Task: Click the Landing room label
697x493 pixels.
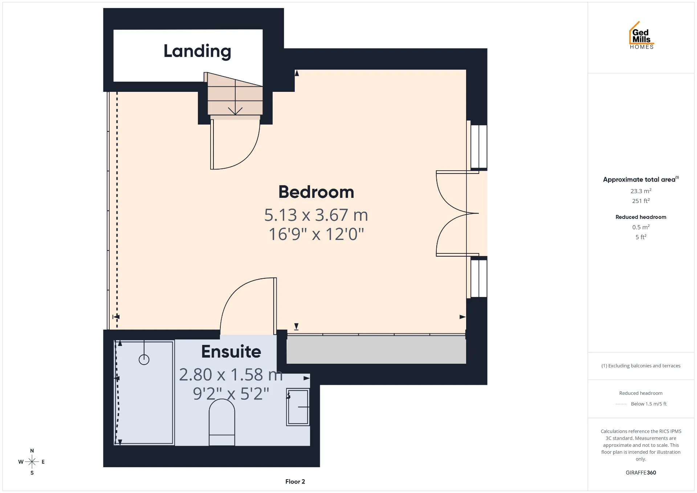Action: [197, 52]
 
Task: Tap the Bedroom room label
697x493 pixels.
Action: [316, 192]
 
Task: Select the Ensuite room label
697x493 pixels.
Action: [231, 351]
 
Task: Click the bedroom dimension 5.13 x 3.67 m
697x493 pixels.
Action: [316, 215]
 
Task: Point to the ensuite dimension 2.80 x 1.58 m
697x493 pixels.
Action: [231, 375]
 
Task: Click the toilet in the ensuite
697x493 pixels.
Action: [222, 423]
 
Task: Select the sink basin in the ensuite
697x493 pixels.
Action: [298, 407]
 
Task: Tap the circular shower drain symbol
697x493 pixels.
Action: [144, 359]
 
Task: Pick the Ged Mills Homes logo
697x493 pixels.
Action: [641, 35]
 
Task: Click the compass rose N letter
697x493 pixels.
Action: [32, 451]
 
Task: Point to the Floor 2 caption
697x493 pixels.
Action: [295, 481]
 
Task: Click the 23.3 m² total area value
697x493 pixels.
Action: [641, 191]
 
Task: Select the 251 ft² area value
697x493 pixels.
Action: [641, 201]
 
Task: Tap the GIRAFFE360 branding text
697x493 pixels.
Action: [641, 473]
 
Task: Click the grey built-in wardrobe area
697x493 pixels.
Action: [376, 350]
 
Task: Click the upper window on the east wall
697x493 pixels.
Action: [479, 146]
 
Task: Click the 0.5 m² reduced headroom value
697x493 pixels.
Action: [641, 227]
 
